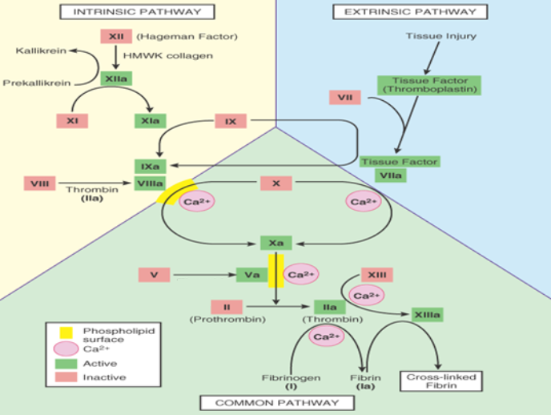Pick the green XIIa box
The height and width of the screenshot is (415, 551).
(x=115, y=79)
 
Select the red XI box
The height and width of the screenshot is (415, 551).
(x=70, y=121)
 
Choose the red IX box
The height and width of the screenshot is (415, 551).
(x=231, y=121)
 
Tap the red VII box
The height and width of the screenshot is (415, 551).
(x=344, y=98)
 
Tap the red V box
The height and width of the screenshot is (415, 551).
(x=154, y=275)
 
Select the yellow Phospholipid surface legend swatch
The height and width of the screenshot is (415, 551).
(x=56, y=330)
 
